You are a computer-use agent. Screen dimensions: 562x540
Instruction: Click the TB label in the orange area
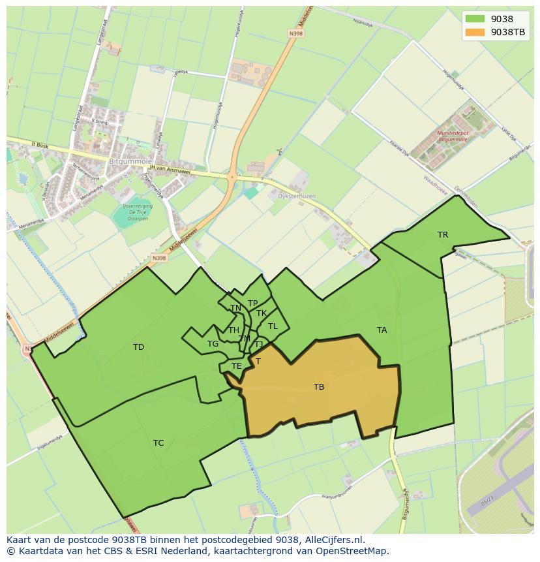click(x=319, y=387)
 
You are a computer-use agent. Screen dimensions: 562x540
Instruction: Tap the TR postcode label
click(x=443, y=235)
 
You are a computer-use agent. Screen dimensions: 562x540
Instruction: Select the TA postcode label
click(x=382, y=330)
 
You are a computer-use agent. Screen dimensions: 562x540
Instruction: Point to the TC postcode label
click(x=158, y=443)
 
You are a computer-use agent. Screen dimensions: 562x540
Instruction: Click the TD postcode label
click(x=138, y=347)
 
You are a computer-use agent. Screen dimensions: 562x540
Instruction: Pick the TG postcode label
click(x=213, y=344)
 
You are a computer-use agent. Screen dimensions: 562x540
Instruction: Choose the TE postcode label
click(x=236, y=366)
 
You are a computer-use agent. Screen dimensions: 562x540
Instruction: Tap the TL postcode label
click(x=273, y=326)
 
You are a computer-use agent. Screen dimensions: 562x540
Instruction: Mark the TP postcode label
click(x=252, y=304)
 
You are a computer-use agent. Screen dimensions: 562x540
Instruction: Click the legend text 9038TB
click(x=508, y=32)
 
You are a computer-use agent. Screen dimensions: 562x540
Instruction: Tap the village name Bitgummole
click(x=130, y=161)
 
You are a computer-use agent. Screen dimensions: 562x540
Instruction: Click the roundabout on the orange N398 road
click(x=232, y=176)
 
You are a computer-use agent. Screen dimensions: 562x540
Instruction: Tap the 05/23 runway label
click(x=487, y=504)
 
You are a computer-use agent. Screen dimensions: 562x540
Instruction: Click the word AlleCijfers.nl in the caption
click(x=333, y=540)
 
